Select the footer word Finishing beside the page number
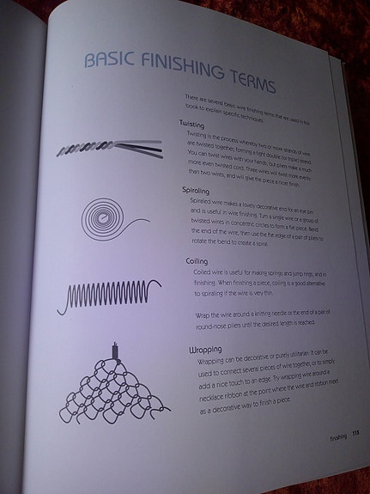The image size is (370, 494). coord(337,437)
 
